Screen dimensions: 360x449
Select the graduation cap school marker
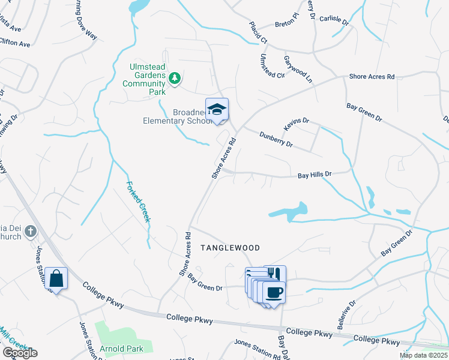click(x=217, y=109)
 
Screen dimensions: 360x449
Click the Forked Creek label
click(x=138, y=202)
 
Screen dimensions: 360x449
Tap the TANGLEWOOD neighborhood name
click(x=230, y=248)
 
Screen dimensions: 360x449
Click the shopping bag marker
click(x=56, y=278)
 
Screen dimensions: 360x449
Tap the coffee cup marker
click(x=274, y=292)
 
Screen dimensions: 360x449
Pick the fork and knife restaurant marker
click(x=275, y=274)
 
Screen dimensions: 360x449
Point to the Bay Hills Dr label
click(x=315, y=175)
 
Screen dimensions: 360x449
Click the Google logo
click(x=20, y=353)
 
